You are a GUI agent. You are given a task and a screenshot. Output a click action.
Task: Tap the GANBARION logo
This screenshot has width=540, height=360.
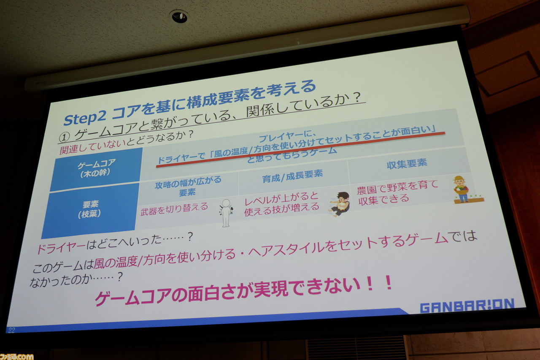coord(467,306)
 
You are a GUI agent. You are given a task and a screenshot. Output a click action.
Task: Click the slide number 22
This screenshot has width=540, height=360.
coord(11,330)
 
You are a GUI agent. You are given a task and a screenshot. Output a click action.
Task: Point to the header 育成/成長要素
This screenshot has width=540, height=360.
coord(292,176)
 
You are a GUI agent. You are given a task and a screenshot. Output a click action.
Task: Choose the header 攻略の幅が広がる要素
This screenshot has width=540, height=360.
coord(188,186)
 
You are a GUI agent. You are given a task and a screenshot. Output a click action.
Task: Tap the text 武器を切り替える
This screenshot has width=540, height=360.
coord(174,209)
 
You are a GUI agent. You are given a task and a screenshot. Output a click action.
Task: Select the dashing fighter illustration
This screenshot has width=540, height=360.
coord(340,204)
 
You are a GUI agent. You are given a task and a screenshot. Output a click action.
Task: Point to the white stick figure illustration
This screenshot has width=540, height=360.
coord(226,213)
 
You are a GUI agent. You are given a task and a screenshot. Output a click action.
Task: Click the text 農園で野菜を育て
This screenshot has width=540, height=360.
coord(397,187)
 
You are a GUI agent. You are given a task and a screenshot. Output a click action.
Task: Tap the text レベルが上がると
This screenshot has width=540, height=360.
coord(281,199)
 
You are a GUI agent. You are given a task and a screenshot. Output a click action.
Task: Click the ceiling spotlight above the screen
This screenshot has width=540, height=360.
coord(179,16)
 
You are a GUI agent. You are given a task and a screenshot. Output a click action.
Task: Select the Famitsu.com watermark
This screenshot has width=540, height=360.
coord(16,356)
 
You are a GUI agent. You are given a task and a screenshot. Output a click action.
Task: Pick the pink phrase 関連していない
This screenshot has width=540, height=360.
coord(93,146)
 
